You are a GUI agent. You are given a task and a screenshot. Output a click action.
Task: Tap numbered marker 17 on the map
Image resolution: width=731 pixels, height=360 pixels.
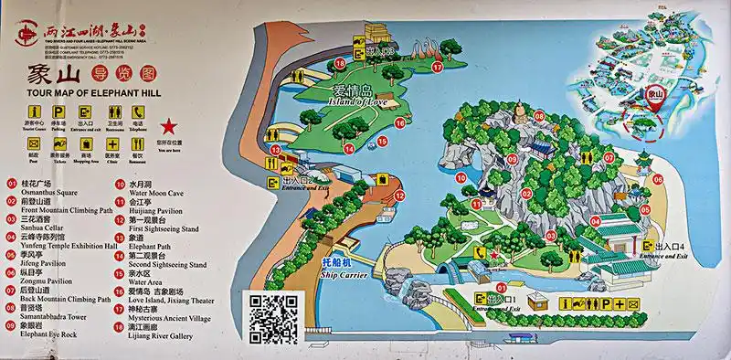click(x=437, y=67)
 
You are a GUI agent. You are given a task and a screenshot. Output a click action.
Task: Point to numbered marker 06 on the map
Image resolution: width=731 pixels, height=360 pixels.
click(x=657, y=179)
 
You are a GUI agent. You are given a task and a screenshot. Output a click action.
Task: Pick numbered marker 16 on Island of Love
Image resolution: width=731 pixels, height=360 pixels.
click(x=339, y=63)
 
